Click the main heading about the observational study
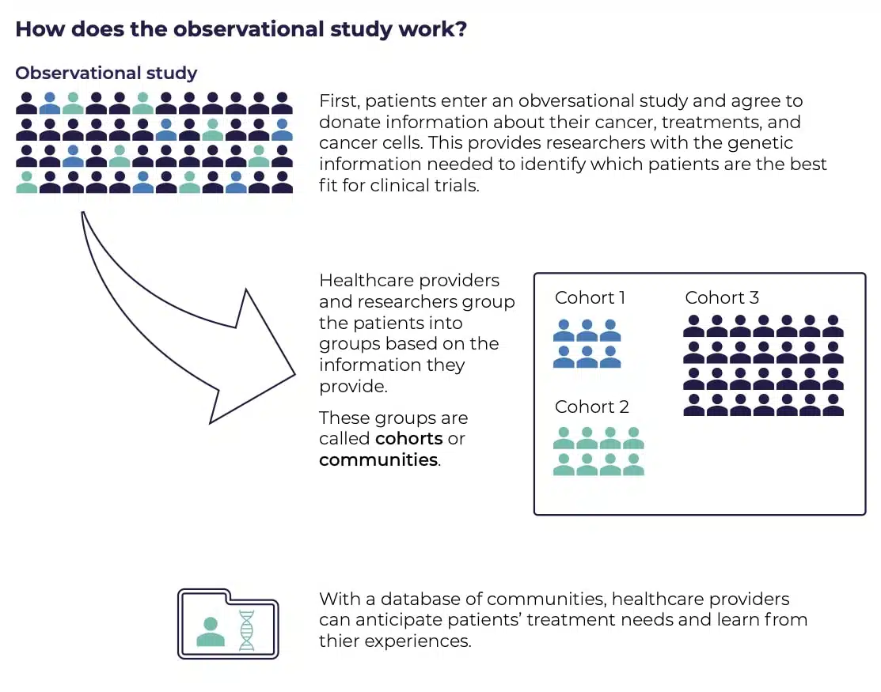[x=241, y=29]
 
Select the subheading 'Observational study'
[x=106, y=73]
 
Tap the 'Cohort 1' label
[x=590, y=297]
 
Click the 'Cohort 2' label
[x=591, y=407]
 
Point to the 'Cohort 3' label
[x=722, y=297]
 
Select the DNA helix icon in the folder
[x=247, y=630]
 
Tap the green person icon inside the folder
[x=211, y=632]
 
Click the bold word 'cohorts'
[x=409, y=438]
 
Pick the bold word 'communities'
[x=378, y=459]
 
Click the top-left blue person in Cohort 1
[x=564, y=331]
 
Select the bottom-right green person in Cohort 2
[x=633, y=465]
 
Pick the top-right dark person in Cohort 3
[x=833, y=326]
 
